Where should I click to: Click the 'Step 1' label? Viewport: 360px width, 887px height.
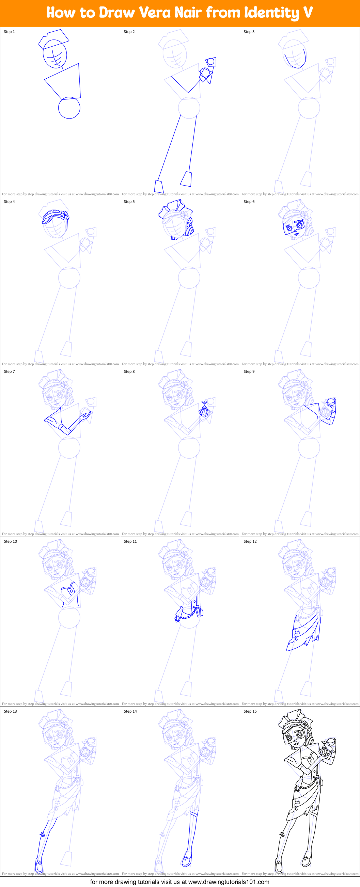[x=9, y=32]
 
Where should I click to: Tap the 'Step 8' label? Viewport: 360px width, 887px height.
[x=129, y=371]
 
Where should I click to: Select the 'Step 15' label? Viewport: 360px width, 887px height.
[x=250, y=711]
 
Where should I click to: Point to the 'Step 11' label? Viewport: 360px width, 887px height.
[x=130, y=541]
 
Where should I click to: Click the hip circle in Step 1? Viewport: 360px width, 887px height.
[x=69, y=108]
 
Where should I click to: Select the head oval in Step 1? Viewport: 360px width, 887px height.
[x=55, y=54]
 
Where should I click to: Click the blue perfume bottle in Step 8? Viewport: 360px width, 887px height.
[x=204, y=410]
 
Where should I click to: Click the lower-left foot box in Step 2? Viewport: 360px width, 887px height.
[x=159, y=186]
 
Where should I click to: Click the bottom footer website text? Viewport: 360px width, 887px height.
[x=179, y=882]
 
